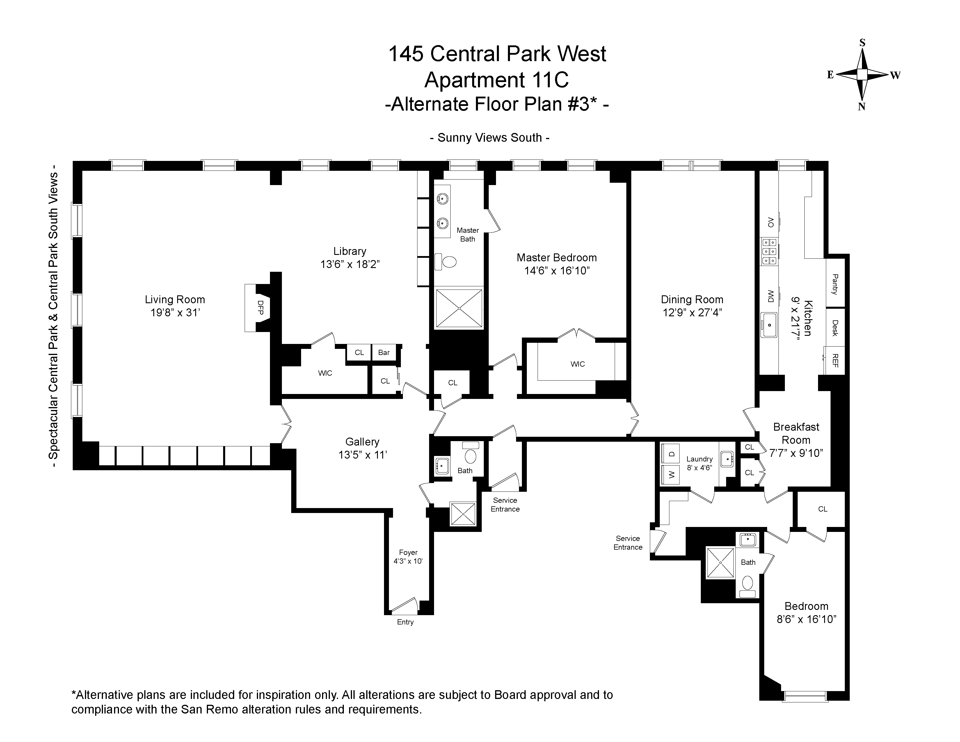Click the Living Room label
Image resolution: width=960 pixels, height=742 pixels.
[175, 300]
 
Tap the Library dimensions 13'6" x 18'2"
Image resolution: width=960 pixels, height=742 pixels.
[350, 265]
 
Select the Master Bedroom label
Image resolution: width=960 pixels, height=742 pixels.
[557, 258]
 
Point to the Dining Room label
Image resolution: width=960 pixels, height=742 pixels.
[692, 300]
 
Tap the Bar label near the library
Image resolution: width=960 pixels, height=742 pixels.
[384, 353]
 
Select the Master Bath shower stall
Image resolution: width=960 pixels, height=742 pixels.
[458, 308]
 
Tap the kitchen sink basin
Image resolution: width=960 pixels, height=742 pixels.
[769, 325]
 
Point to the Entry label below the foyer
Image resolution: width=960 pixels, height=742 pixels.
[405, 622]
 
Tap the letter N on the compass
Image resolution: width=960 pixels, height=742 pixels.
[862, 107]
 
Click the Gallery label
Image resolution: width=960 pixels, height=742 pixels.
[362, 442]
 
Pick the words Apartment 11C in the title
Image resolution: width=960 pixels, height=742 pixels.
[497, 80]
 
